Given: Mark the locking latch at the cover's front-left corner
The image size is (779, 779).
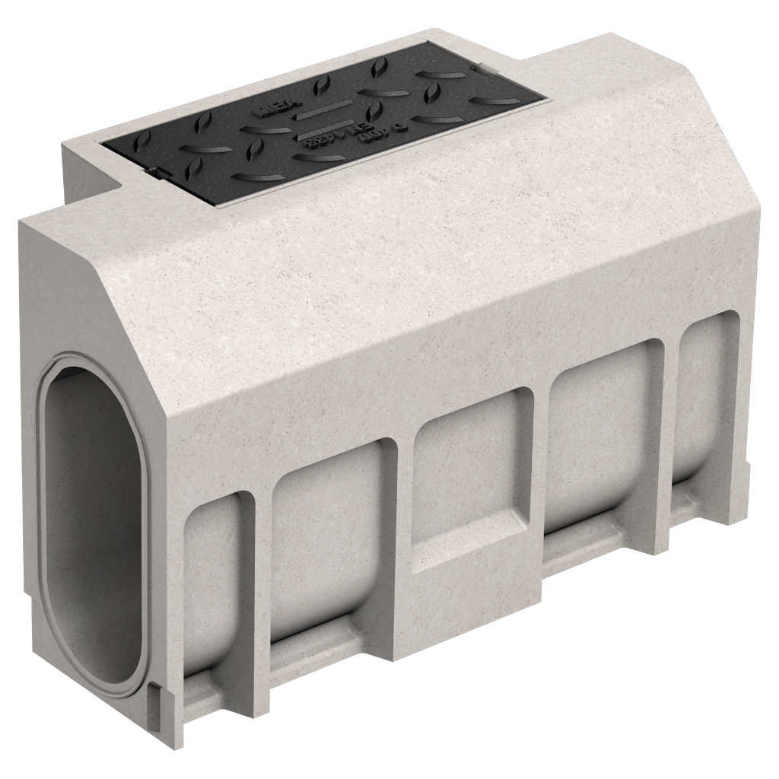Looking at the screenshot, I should (x=161, y=173).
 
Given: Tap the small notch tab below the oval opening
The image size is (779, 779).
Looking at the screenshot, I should (x=156, y=696).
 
